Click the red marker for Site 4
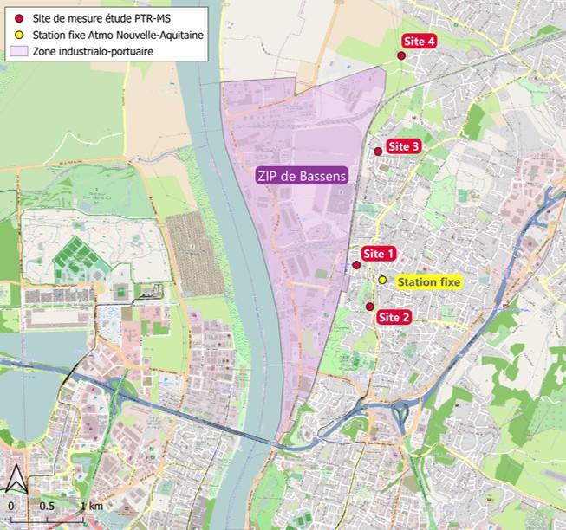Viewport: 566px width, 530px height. (x=401, y=55)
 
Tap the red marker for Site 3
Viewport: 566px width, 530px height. (x=378, y=152)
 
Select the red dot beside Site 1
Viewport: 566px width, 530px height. (x=356, y=265)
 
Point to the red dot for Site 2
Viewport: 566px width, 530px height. (x=370, y=307)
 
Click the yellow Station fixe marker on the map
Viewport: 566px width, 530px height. (x=382, y=280)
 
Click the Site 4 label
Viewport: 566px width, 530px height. (x=420, y=42)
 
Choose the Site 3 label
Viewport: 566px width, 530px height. (x=403, y=146)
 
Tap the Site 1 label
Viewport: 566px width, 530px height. (x=379, y=254)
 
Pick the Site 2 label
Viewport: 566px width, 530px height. (x=394, y=318)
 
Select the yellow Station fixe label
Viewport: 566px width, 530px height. (x=429, y=281)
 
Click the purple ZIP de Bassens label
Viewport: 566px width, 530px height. (x=302, y=175)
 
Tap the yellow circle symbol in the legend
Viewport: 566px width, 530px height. (x=19, y=36)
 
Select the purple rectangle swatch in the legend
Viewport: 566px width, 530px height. (x=19, y=53)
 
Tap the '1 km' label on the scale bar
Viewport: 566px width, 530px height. (x=93, y=505)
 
